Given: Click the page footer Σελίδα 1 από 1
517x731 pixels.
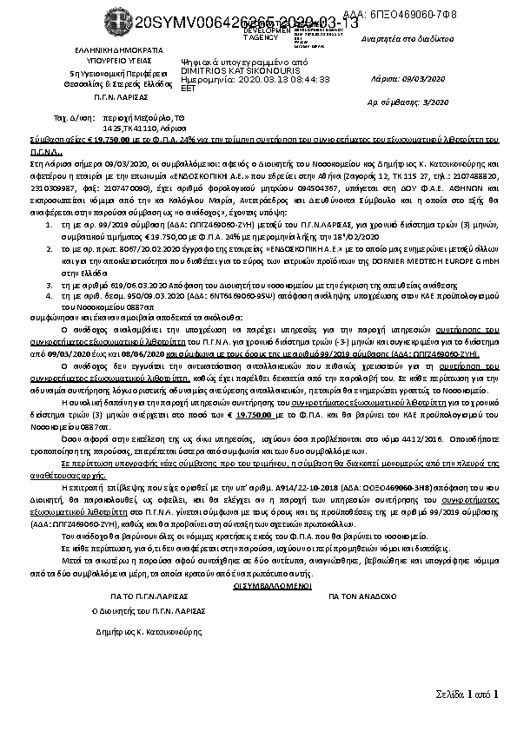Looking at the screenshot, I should (x=467, y=694).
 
